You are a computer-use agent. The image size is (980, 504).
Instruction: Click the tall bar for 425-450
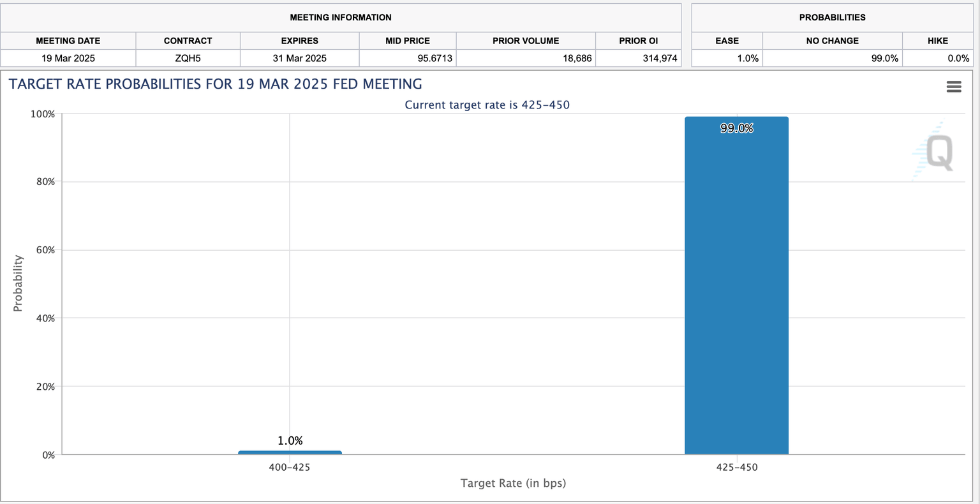[736, 287]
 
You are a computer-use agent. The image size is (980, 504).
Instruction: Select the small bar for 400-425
[290, 452]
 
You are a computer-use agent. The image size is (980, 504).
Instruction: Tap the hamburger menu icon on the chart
[953, 87]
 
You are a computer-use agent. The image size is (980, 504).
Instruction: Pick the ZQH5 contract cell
[188, 58]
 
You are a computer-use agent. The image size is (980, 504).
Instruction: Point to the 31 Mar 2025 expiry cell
[299, 58]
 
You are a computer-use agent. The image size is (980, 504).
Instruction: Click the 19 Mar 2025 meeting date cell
[68, 58]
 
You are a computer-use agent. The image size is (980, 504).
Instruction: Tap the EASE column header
[727, 40]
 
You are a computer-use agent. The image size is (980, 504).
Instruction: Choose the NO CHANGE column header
[832, 40]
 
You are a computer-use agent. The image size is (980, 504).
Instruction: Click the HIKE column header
[937, 40]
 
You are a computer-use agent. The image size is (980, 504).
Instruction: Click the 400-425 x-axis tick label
[290, 467]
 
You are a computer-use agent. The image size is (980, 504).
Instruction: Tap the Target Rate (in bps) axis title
[513, 483]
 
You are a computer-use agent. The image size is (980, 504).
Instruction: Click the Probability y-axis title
[18, 283]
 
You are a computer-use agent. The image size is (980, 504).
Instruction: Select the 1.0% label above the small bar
[290, 441]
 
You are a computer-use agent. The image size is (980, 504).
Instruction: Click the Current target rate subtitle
[487, 105]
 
